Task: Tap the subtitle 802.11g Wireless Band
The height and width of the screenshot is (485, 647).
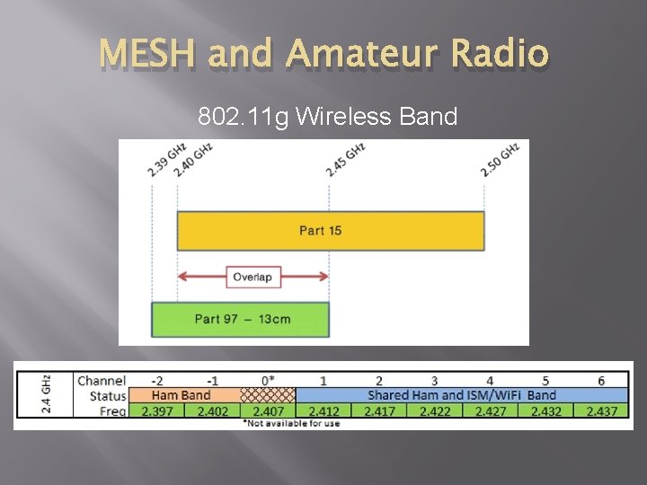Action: [328, 117]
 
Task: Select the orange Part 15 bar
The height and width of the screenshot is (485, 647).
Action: [321, 231]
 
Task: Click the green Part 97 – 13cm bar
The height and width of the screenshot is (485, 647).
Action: [242, 319]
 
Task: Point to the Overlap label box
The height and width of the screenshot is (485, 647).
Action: [253, 277]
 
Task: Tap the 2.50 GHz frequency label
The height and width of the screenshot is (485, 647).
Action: [500, 159]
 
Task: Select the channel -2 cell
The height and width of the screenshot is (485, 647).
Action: [156, 382]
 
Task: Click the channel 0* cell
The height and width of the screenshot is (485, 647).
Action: [268, 382]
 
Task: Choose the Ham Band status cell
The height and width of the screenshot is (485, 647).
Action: [182, 395]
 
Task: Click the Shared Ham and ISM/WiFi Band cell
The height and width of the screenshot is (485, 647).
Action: [462, 395]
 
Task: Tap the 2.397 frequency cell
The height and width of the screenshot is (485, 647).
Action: [156, 410]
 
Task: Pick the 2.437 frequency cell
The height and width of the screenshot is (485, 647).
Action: [602, 410]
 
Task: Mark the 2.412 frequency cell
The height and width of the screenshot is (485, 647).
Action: [323, 410]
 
